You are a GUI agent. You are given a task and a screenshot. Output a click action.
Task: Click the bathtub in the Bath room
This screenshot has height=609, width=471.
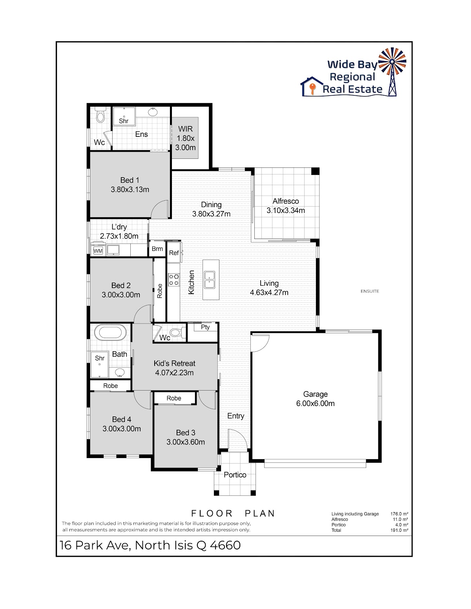[x=110, y=333]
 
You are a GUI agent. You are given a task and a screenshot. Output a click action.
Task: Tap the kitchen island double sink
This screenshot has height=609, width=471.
[x=209, y=280]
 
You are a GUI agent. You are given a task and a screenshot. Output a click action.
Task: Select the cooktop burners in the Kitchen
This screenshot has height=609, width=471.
[x=173, y=280]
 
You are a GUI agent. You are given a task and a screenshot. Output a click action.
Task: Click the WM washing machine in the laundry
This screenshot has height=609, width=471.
[x=98, y=251]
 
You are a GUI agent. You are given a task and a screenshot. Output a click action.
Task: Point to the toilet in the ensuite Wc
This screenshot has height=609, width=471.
[x=100, y=115]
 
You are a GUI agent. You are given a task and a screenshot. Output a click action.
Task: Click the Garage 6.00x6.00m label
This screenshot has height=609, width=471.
[x=315, y=399]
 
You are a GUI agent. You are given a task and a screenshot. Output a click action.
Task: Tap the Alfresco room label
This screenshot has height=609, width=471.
[x=286, y=201]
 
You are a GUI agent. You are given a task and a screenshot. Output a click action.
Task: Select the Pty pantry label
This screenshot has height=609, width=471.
[x=205, y=327]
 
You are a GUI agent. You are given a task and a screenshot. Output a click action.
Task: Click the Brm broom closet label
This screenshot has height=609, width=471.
[x=157, y=249]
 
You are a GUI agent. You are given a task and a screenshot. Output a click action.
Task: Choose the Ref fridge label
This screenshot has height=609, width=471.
[x=173, y=253]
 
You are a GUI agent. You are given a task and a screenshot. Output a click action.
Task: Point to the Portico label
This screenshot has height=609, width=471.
[x=235, y=475]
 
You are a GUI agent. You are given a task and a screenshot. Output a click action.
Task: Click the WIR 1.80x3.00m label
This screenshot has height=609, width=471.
[x=185, y=138]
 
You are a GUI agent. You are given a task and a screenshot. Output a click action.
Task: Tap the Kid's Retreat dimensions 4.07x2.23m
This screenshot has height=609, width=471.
[x=174, y=373]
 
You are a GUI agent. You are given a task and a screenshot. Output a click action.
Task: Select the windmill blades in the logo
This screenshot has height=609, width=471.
[x=392, y=62]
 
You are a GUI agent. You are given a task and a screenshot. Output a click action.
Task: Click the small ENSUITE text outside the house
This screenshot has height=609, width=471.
[x=370, y=291]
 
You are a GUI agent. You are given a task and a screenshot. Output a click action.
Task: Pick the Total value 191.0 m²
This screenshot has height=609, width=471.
[x=399, y=530]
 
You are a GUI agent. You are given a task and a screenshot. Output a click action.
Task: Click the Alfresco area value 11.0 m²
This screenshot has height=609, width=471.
[x=400, y=519]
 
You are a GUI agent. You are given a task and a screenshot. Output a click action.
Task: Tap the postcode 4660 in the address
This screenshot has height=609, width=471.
[x=225, y=545]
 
